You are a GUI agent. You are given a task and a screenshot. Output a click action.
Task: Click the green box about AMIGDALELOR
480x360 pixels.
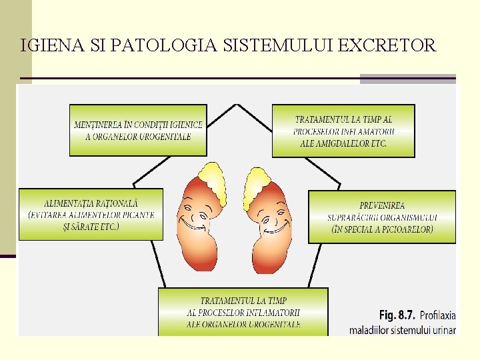[x=343, y=131]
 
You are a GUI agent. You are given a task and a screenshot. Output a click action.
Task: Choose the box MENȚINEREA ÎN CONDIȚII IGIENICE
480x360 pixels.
[x=138, y=130]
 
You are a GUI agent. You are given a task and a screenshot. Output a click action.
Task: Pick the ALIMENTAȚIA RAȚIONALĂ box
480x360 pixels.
[x=91, y=214]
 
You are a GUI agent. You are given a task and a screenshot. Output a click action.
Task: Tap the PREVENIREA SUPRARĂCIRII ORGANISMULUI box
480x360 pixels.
[x=382, y=217]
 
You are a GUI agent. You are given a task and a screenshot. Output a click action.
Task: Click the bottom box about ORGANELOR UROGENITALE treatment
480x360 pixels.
[x=243, y=312]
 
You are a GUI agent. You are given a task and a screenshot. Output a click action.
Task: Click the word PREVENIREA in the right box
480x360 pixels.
[x=382, y=205]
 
